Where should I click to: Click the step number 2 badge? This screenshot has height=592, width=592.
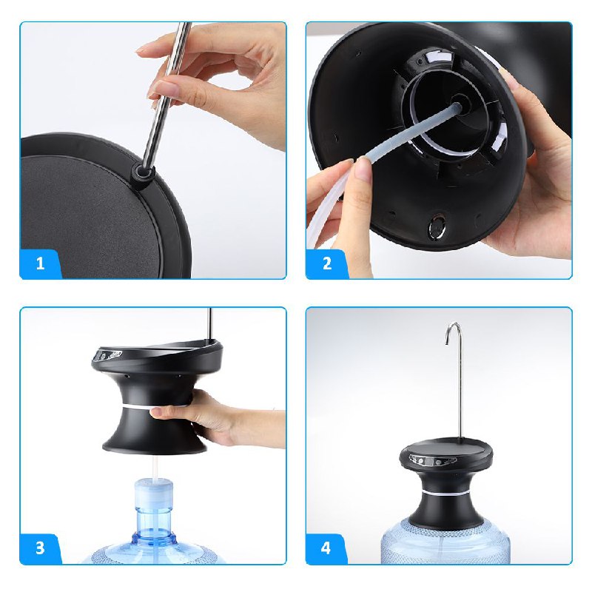click(326, 263)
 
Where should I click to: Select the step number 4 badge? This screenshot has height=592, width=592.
click(326, 548)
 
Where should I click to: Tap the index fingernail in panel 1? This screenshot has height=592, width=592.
click(156, 91)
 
